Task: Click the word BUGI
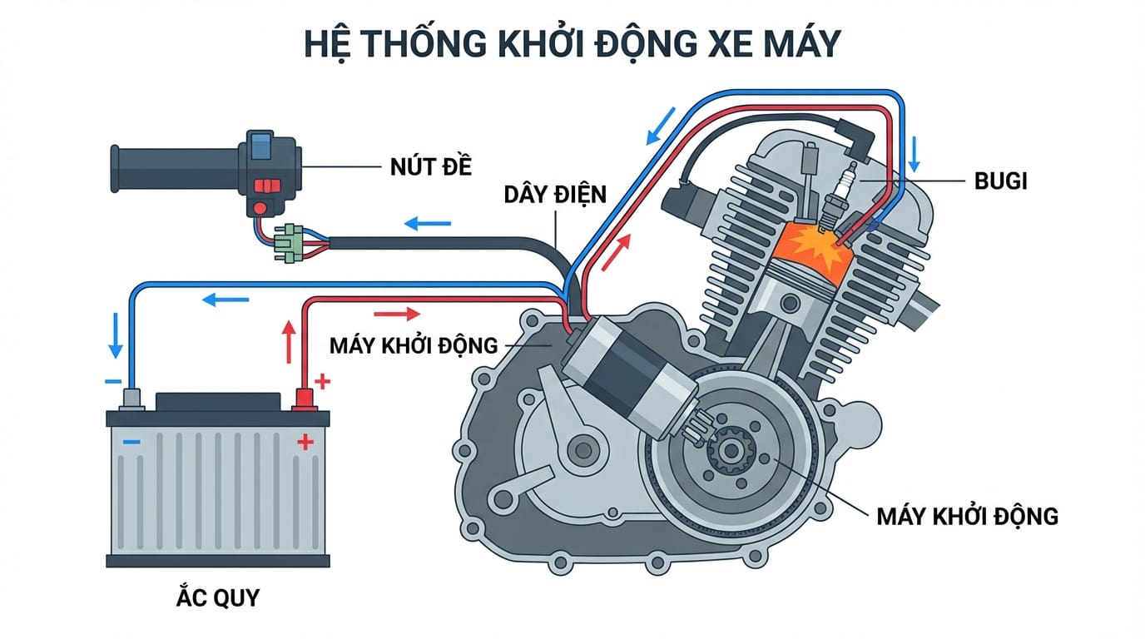click(x=999, y=181)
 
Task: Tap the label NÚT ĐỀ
click(x=430, y=166)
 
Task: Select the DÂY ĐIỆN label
click(x=555, y=195)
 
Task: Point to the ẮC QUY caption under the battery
click(x=218, y=597)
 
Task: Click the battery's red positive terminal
click(x=303, y=400)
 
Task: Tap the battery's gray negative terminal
click(x=132, y=400)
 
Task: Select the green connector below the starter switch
click(x=289, y=242)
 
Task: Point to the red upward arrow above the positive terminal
click(x=289, y=340)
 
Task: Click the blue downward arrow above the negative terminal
click(x=116, y=334)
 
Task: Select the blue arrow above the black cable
click(x=428, y=224)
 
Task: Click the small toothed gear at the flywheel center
click(x=730, y=452)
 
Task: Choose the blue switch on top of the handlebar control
click(x=260, y=141)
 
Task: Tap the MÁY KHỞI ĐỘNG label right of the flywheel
click(x=967, y=516)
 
